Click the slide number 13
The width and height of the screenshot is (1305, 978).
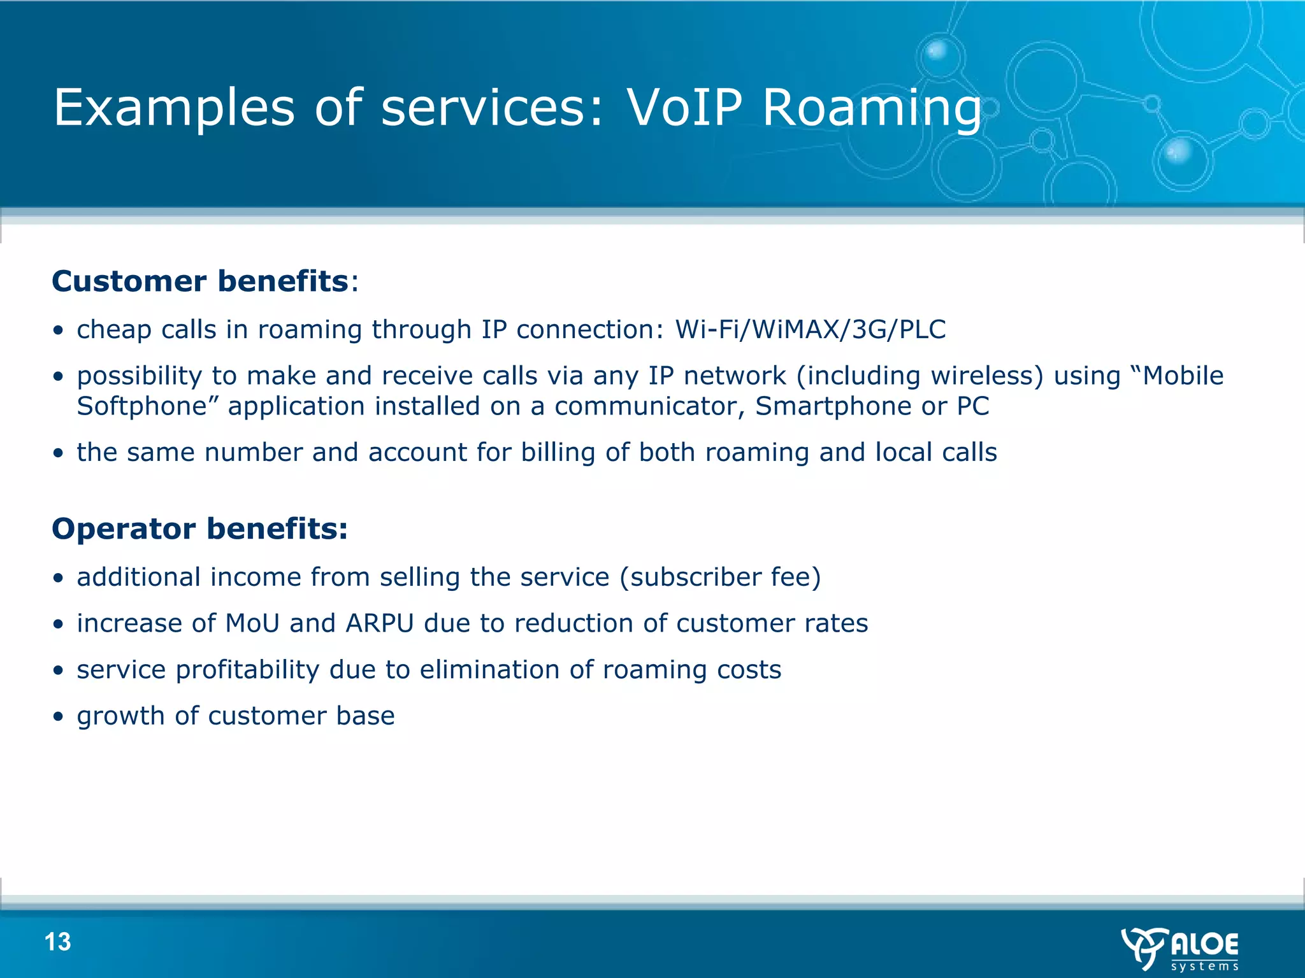pyautogui.click(x=57, y=942)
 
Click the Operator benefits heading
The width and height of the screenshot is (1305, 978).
pyautogui.click(x=199, y=528)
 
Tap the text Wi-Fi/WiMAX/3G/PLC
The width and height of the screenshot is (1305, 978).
pyautogui.click(x=811, y=330)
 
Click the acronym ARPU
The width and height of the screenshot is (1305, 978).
pyautogui.click(x=380, y=623)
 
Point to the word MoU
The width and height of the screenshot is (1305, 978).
pyautogui.click(x=252, y=623)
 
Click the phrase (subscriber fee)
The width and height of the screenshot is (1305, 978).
pyautogui.click(x=720, y=578)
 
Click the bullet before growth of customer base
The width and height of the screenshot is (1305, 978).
pyautogui.click(x=59, y=717)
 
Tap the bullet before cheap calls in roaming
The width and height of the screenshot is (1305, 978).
pyautogui.click(x=59, y=330)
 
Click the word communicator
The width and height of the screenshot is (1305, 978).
pyautogui.click(x=649, y=406)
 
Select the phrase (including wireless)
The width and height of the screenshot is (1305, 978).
pyautogui.click(x=919, y=376)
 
